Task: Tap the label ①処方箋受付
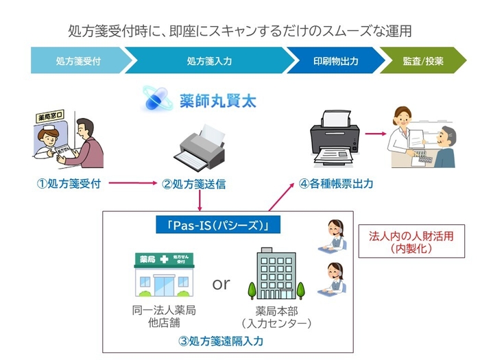point(69,184)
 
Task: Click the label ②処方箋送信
point(199,184)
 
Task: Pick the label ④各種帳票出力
point(336,184)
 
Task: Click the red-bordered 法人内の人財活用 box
point(411,241)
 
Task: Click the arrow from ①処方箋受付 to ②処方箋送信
point(132,184)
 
